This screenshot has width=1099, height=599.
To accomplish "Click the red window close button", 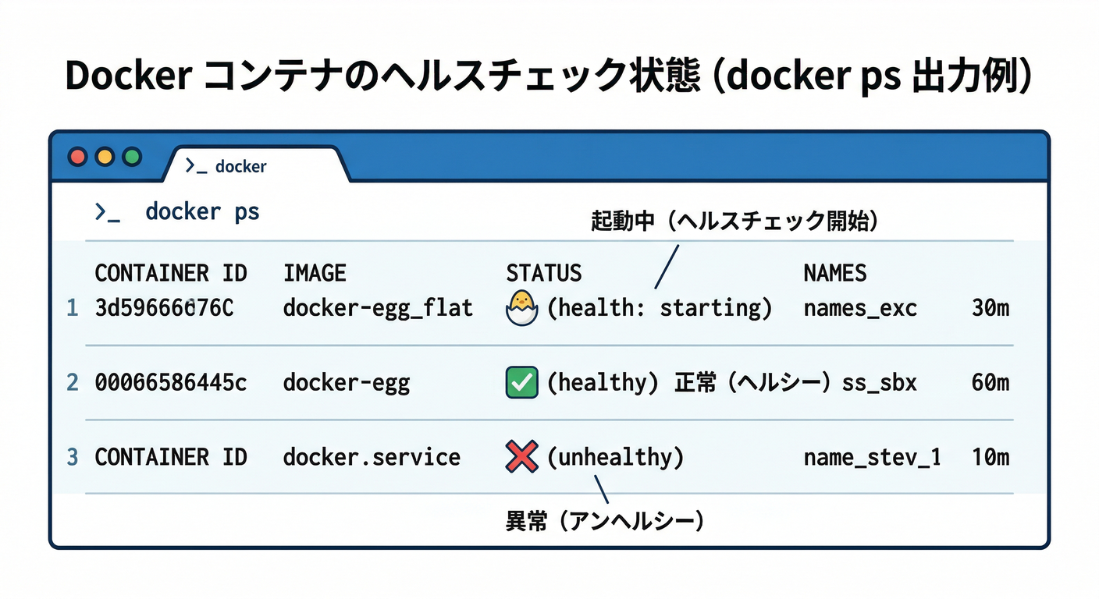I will tap(78, 157).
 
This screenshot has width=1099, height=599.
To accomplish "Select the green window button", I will tap(132, 157).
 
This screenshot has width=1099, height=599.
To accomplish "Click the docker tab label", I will tap(240, 166).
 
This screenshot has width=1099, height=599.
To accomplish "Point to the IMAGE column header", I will tap(315, 273).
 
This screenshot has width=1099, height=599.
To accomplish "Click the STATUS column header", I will tap(544, 273).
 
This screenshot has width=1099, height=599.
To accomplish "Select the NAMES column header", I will tap(835, 273).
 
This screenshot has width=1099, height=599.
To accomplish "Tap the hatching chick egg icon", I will tap(522, 308).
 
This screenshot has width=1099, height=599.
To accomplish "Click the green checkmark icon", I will tap(522, 382).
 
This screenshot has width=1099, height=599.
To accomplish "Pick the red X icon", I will tap(522, 456).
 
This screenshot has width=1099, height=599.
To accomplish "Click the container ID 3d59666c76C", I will tap(164, 308).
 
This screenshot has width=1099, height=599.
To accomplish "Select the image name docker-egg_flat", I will tap(378, 308).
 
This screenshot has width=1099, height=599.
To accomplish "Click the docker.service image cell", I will tap(372, 456).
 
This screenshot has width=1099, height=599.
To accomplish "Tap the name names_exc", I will tap(860, 308).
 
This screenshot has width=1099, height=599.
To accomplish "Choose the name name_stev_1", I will tap(872, 456).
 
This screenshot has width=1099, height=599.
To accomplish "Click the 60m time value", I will tap(991, 382).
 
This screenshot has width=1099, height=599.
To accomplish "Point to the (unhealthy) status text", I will tap(615, 456).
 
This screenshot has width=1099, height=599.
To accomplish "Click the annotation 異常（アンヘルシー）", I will tap(605, 521).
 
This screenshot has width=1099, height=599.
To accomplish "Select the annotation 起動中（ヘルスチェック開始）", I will tap(734, 222).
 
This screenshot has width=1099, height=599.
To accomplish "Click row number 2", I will tap(73, 382).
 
